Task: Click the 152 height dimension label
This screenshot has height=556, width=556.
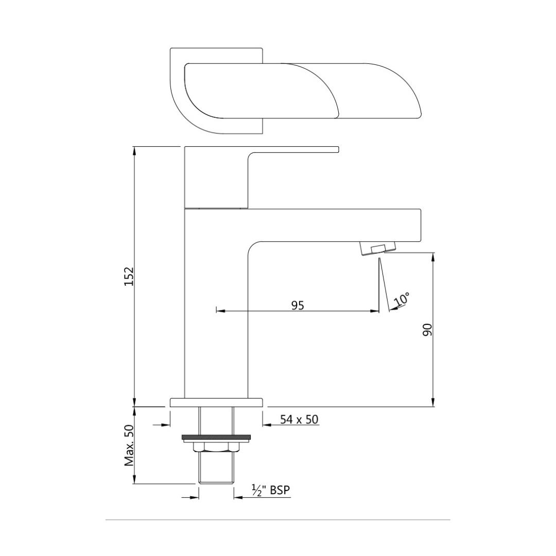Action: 129,276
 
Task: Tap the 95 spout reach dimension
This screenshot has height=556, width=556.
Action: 298,305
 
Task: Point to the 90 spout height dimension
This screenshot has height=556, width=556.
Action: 428,329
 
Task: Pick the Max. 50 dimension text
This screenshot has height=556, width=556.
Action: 129,445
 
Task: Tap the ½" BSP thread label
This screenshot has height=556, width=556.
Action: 271,490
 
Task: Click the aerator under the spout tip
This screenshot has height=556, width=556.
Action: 378,249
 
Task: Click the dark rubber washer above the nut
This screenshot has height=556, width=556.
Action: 216,437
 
